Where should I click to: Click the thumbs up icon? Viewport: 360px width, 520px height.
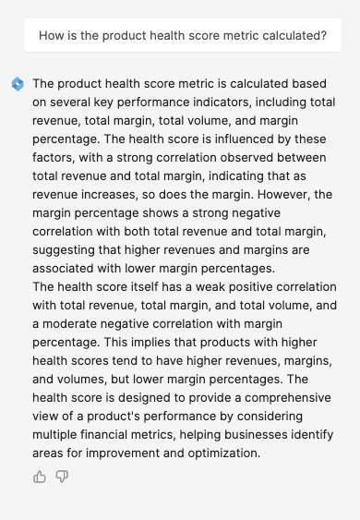(x=40, y=477)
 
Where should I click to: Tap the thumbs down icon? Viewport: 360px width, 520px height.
(x=62, y=477)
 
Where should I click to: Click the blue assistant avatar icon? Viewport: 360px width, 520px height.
(x=18, y=84)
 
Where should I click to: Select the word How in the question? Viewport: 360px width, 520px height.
(x=52, y=36)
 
